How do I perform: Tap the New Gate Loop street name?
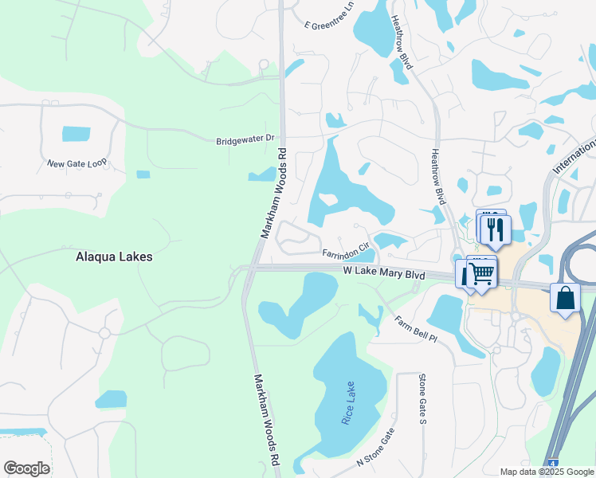pos(76,163)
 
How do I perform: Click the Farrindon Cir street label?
pos(347,253)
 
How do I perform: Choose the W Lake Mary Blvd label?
pos(384,273)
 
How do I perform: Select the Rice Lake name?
pos(348,403)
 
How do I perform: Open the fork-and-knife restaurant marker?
pos(496,229)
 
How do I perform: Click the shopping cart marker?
pos(481,272)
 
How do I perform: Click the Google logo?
pos(26,468)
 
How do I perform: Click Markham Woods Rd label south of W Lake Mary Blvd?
pos(267,420)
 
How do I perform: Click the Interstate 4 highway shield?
pos(551,463)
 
